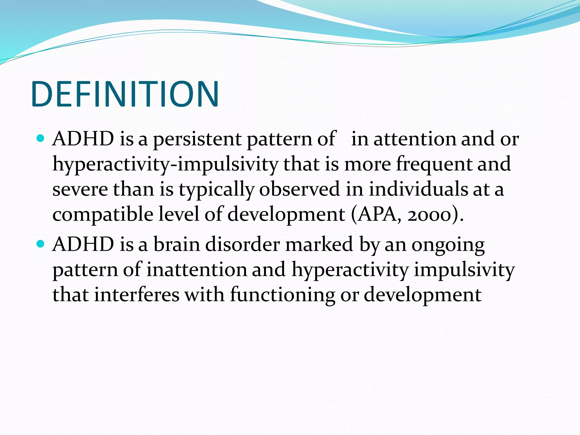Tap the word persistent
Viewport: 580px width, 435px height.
(x=197, y=139)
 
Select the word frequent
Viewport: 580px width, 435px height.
(x=434, y=165)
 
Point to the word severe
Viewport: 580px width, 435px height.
(x=80, y=189)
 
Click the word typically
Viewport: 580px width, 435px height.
(x=216, y=189)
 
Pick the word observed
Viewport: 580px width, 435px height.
(x=299, y=189)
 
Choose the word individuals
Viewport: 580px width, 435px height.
(x=418, y=189)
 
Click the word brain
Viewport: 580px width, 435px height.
(x=177, y=244)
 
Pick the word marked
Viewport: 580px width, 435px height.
(x=319, y=244)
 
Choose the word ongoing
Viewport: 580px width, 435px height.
(x=448, y=246)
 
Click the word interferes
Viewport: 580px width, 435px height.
(x=137, y=295)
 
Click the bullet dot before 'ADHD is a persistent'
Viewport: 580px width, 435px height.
(x=41, y=138)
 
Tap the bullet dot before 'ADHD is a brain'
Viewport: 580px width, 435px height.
(x=41, y=244)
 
